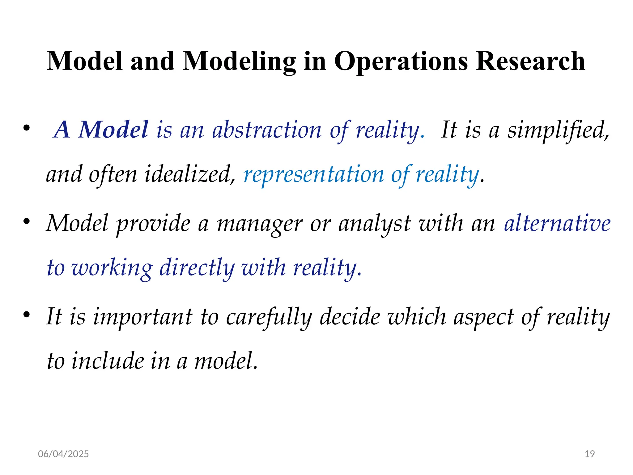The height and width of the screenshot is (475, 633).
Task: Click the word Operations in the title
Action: click(x=401, y=61)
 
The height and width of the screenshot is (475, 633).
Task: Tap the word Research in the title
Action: click(x=530, y=61)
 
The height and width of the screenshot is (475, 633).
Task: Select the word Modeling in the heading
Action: click(x=239, y=61)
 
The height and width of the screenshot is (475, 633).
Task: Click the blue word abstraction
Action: click(x=267, y=130)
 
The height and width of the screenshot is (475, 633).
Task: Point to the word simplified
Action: click(x=558, y=130)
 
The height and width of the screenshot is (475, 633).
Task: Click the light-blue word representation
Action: click(x=313, y=174)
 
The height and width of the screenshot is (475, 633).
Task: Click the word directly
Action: click(x=197, y=268)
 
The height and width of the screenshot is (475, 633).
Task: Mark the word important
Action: click(x=143, y=317)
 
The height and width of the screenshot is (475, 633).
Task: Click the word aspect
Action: click(x=483, y=317)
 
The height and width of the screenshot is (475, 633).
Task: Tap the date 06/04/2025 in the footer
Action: click(x=63, y=454)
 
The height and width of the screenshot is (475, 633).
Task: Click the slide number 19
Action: click(x=590, y=454)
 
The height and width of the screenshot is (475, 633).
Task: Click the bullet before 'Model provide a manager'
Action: click(x=27, y=222)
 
